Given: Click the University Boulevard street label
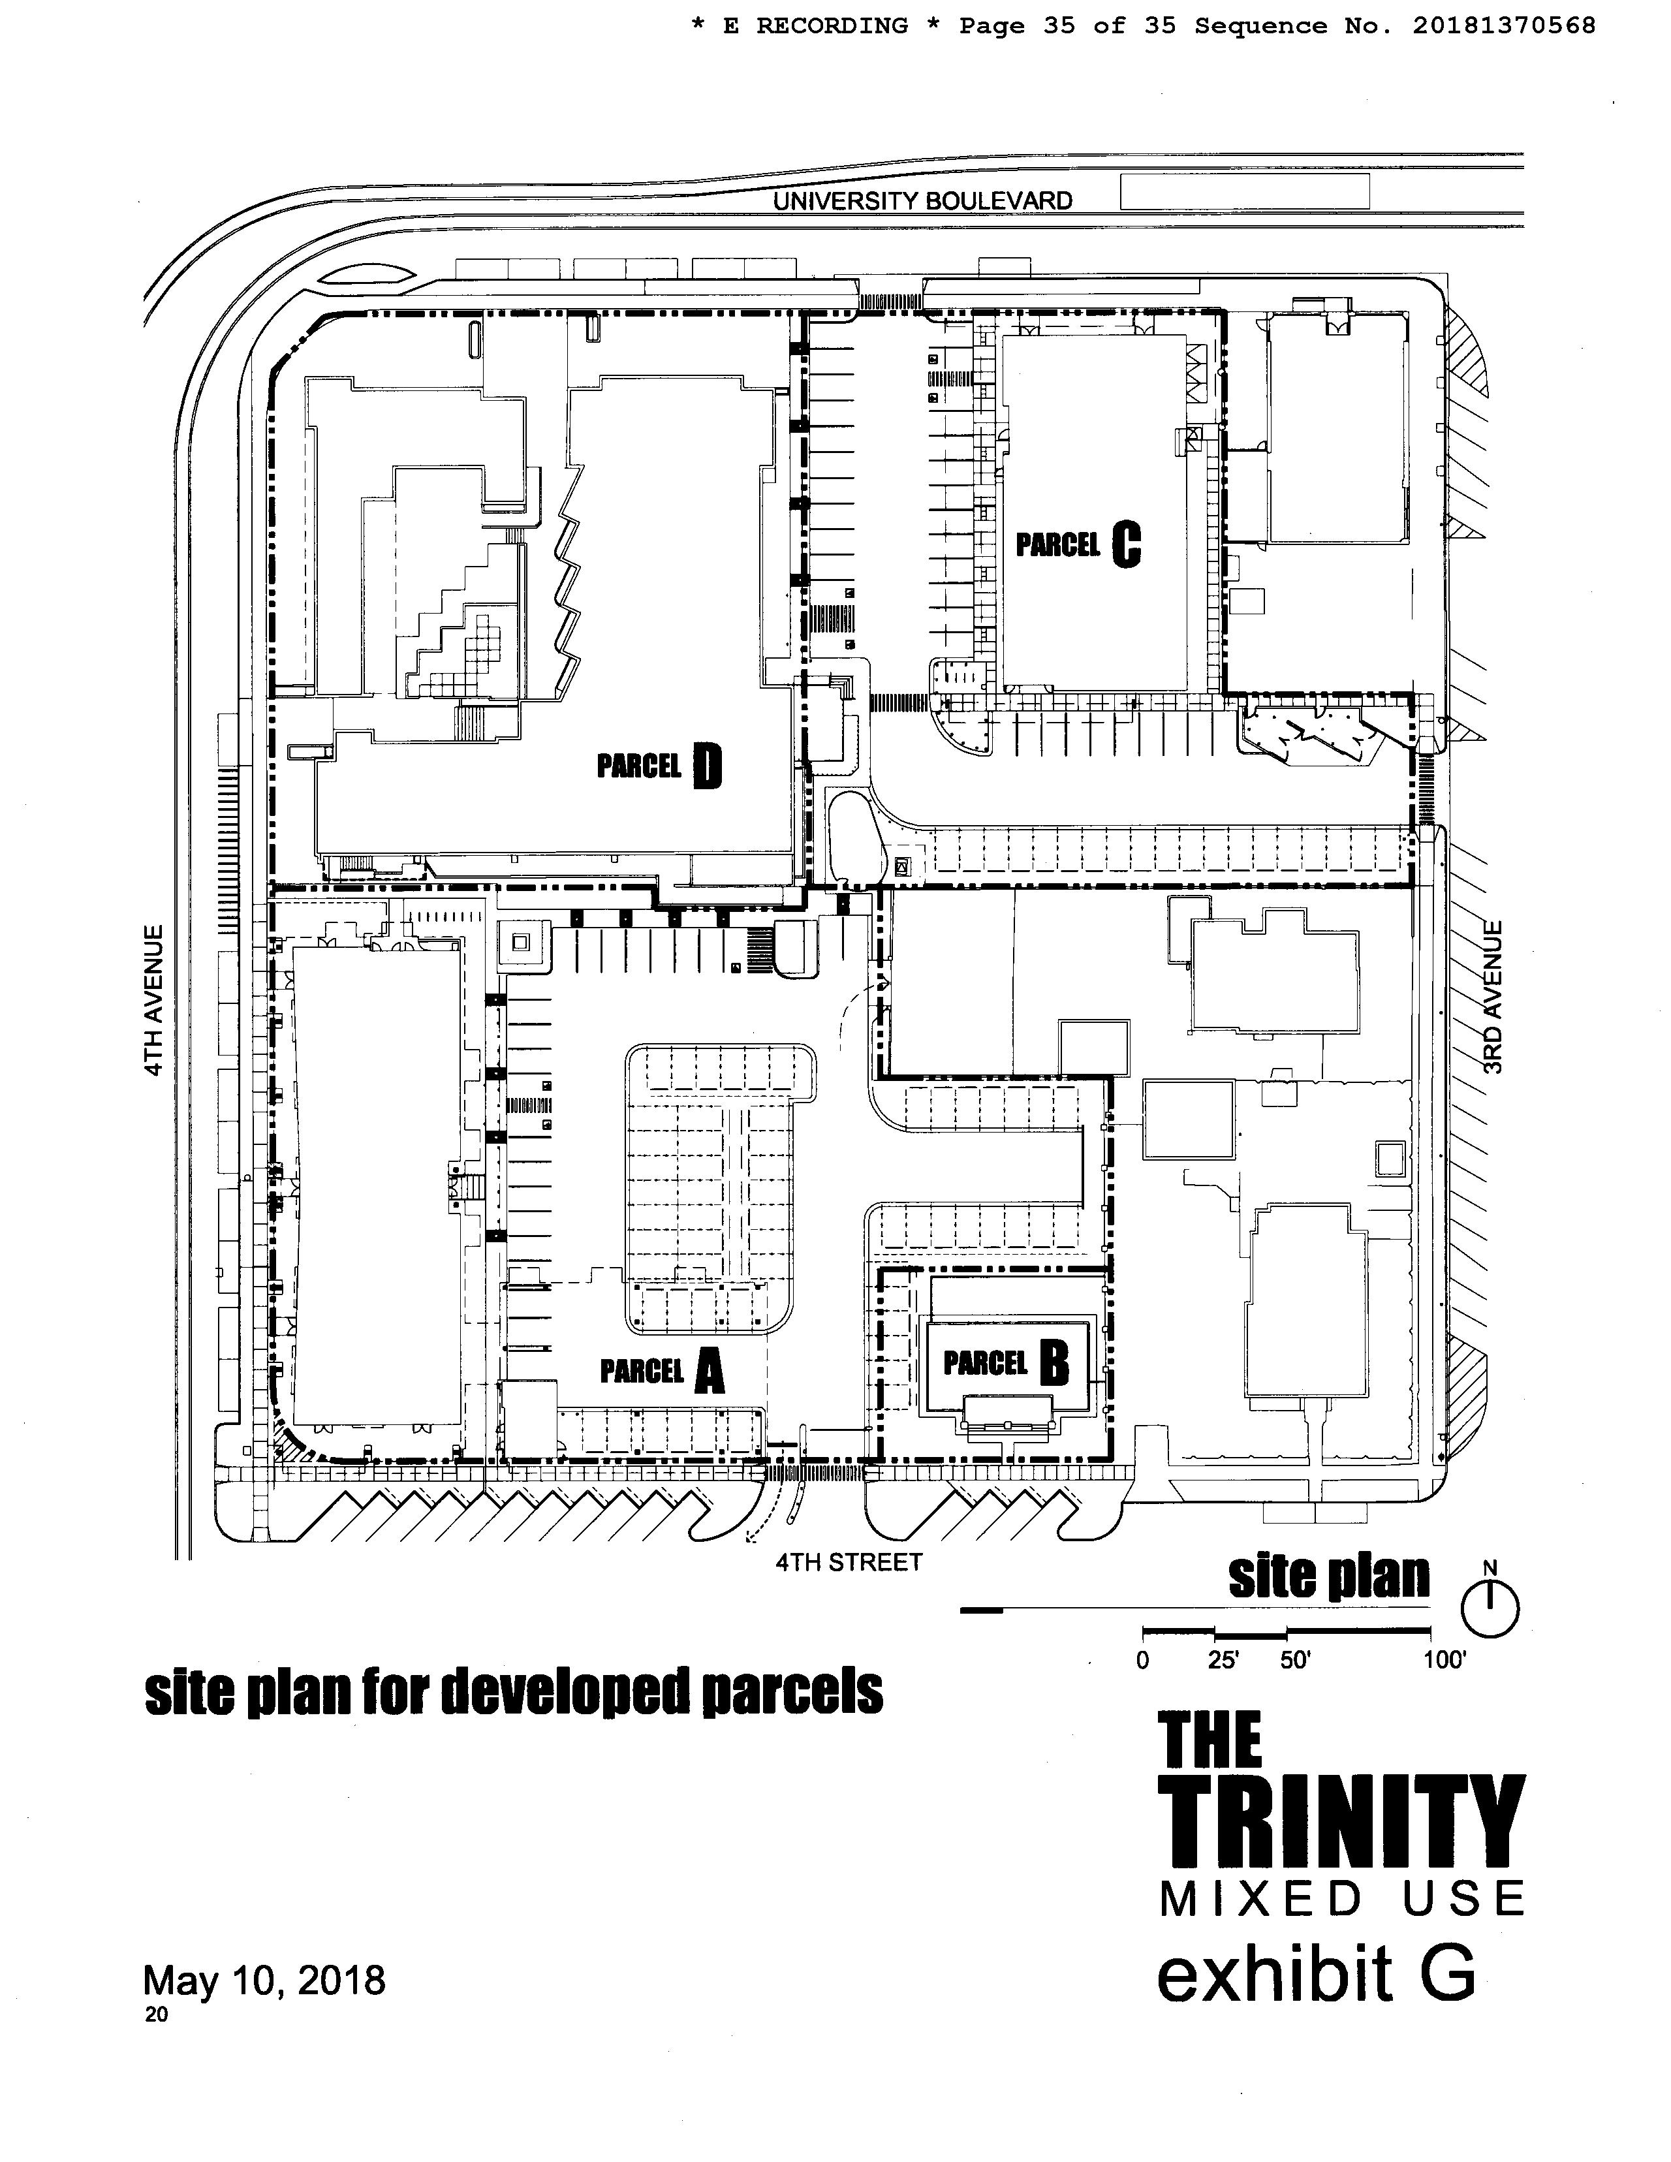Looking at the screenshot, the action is point(922,201).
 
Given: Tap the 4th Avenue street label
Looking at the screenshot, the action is point(153,1001).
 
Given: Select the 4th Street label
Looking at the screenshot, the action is point(849,1562).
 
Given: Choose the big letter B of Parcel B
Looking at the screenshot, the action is point(1054,1365).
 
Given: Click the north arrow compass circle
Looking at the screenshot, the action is point(1489,1610).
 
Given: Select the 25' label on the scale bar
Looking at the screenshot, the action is point(1224,1660).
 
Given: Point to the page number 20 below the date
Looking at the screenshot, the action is point(157,2014).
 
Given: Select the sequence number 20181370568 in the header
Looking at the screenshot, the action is point(1503,25).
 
